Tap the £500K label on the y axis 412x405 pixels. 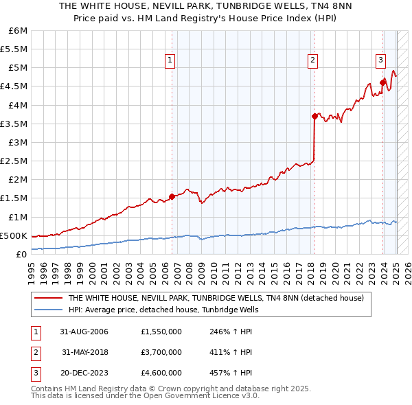point(14,235)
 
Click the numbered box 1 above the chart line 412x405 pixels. point(170,60)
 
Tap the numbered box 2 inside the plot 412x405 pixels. point(312,60)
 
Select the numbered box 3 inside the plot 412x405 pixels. point(380,60)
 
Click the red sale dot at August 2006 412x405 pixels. point(172,196)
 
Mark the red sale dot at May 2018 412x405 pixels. point(314,116)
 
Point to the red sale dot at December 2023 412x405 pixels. point(382,82)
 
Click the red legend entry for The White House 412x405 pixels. point(220,299)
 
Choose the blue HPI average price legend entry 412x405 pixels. point(172,310)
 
